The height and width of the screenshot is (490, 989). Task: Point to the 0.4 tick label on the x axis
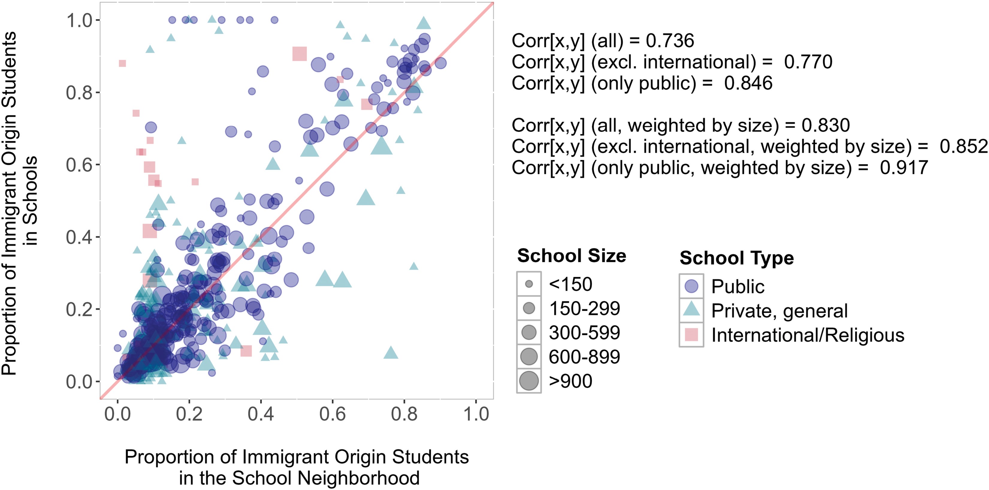(x=261, y=414)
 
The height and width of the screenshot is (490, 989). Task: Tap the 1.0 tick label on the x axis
(x=476, y=414)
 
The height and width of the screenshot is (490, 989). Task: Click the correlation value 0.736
(x=670, y=41)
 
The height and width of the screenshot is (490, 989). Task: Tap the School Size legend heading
(x=571, y=256)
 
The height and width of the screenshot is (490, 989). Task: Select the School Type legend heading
(x=736, y=258)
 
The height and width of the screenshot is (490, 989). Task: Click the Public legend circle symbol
(x=691, y=286)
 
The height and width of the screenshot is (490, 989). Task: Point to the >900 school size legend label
(x=571, y=381)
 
